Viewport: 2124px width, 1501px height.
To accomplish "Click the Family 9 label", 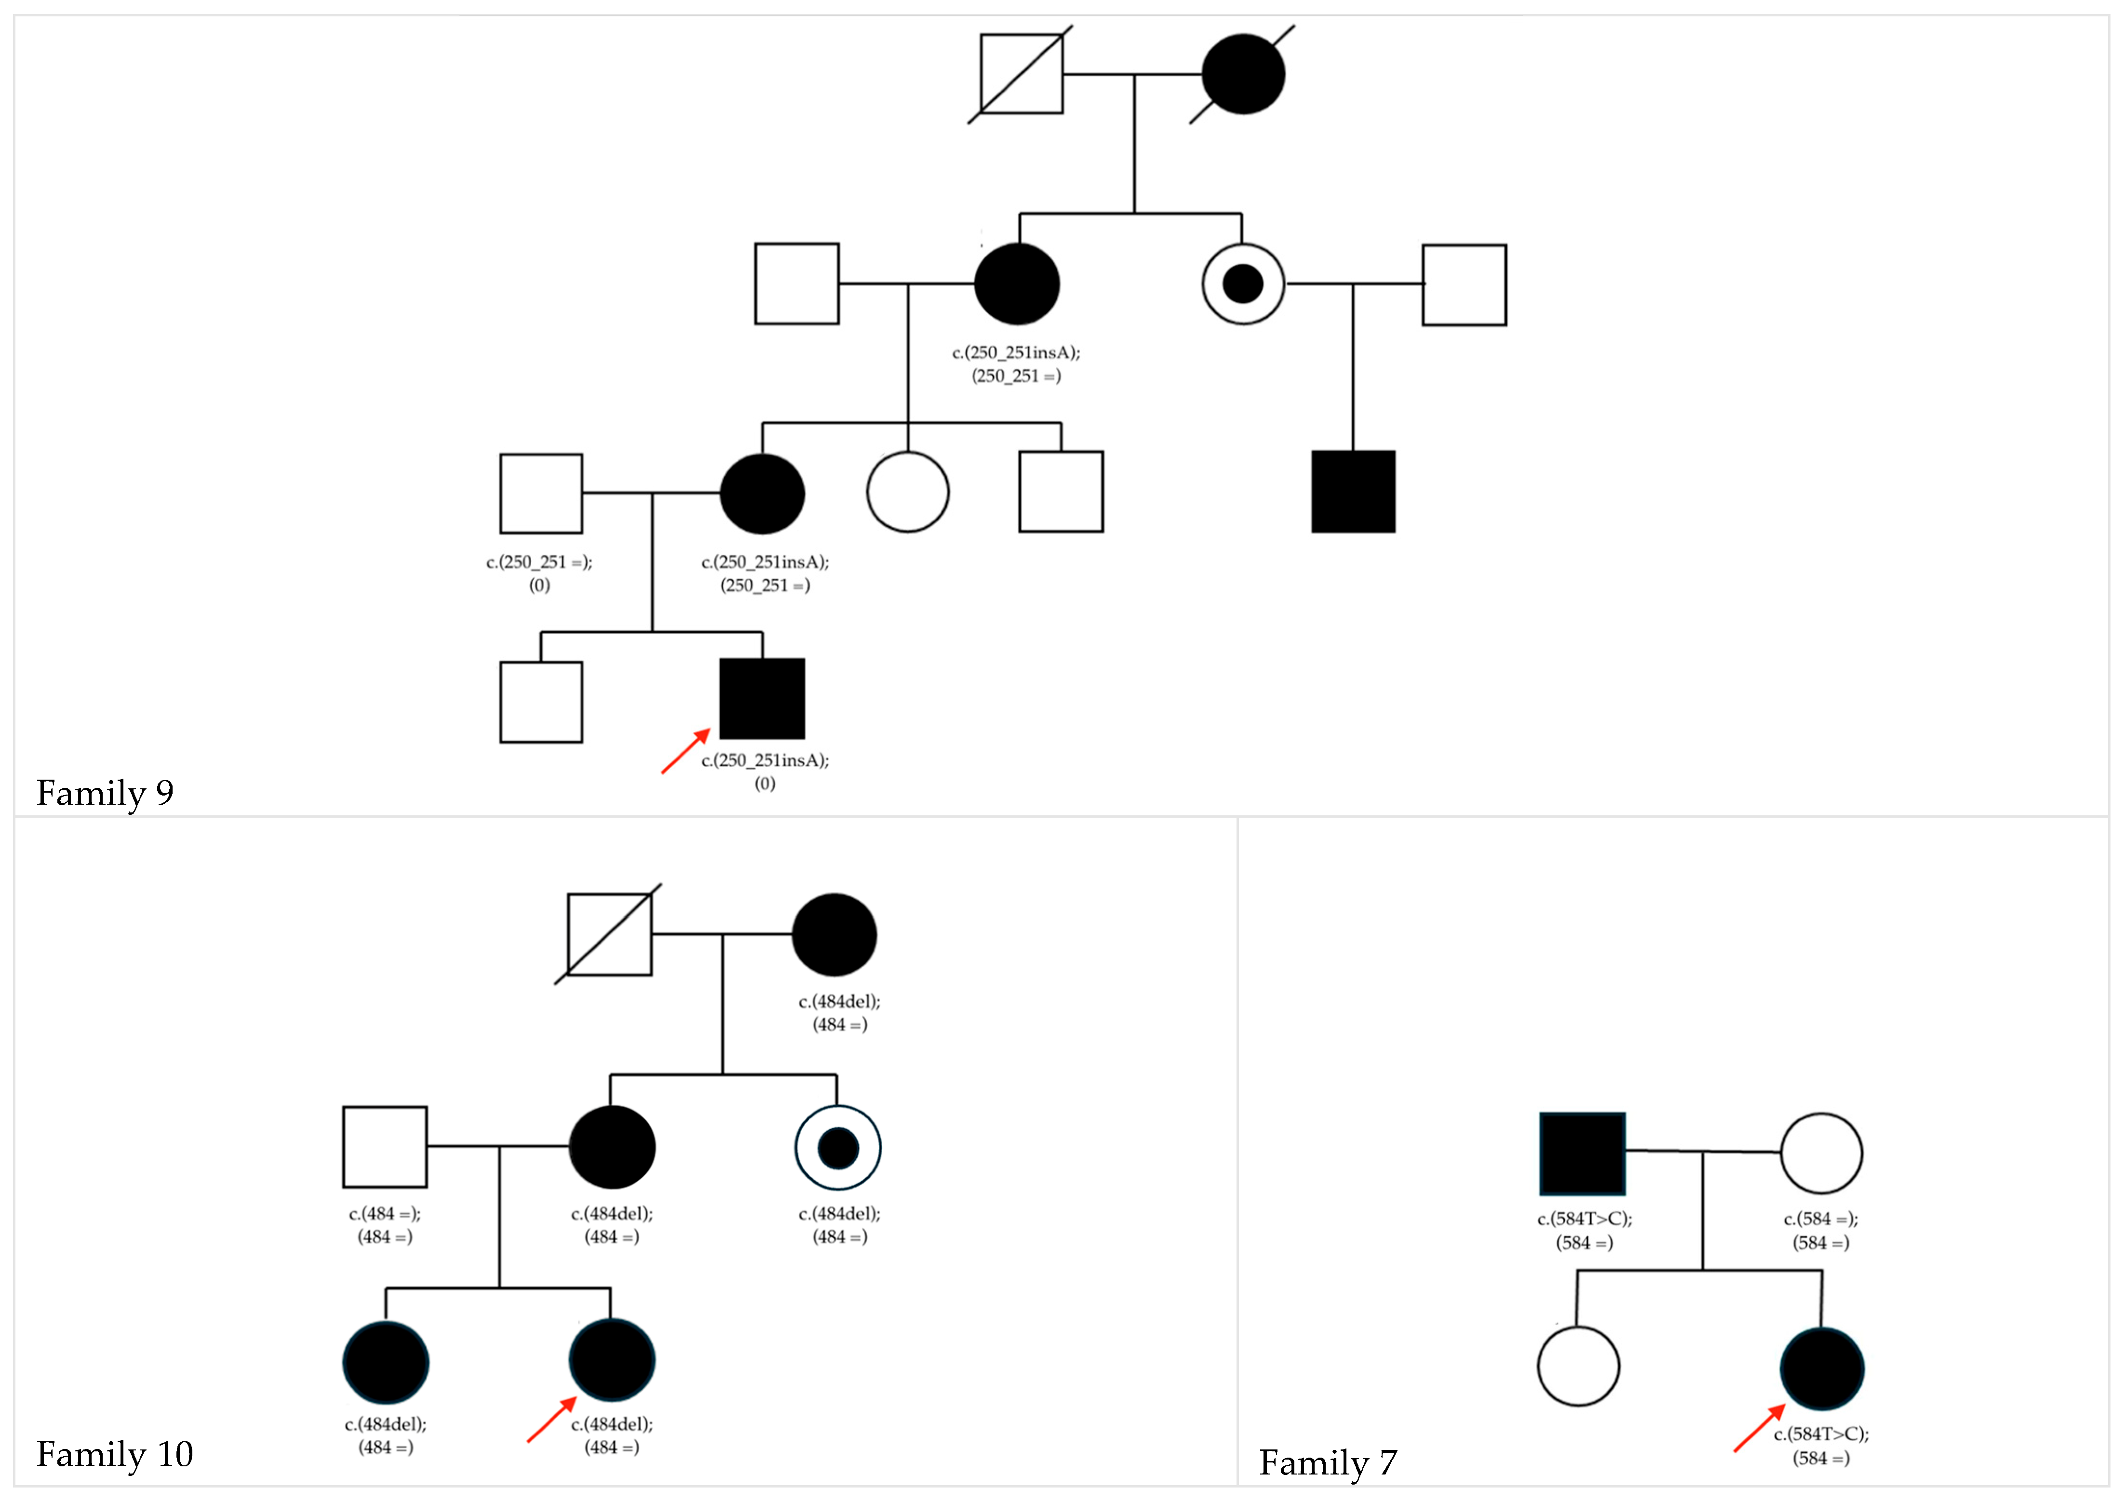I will tap(105, 793).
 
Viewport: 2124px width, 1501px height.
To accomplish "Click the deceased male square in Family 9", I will tap(1022, 74).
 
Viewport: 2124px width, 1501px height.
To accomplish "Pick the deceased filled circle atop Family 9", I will tap(1243, 74).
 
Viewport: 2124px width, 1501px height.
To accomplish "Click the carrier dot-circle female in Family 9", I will tap(1243, 284).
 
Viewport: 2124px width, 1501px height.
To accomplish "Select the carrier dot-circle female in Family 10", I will tap(838, 1148).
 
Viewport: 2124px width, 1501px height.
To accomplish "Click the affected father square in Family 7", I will tap(1582, 1153).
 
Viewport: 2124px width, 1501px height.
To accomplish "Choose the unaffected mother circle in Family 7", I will tap(1821, 1153).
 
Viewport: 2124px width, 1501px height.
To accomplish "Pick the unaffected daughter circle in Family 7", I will tap(1578, 1366).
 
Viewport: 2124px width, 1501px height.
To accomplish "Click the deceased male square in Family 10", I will tap(609, 934).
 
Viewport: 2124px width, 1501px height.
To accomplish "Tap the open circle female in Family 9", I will tap(908, 492).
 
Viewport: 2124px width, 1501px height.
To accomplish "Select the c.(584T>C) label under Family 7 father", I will tap(1585, 1230).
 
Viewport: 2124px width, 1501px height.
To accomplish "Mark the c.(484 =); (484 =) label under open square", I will tap(385, 1224).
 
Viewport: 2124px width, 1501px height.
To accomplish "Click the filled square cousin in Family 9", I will tap(1353, 492).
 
